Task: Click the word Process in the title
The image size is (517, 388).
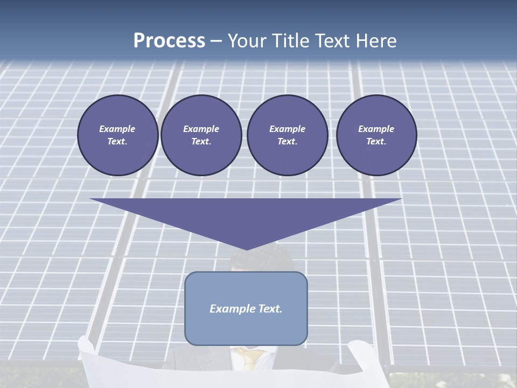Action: pos(169,41)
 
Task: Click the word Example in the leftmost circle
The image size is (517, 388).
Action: pos(117,129)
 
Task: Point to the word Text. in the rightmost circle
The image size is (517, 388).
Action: pos(376,141)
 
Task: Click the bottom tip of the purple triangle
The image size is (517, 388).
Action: pos(247,249)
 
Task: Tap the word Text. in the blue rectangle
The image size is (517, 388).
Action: pos(270,309)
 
